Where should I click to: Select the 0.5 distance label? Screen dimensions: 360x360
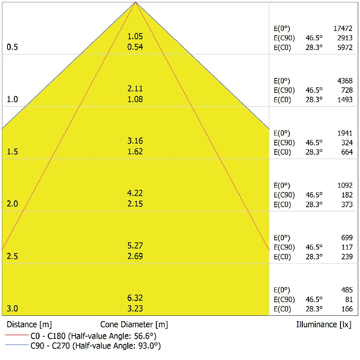pyautogui.click(x=12, y=47)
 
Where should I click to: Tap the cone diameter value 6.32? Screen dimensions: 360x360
pyautogui.click(x=135, y=298)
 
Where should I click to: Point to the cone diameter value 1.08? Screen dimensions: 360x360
pyautogui.click(x=135, y=99)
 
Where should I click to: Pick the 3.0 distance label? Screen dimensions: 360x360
pyautogui.click(x=12, y=309)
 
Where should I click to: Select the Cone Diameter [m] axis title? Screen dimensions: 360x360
pyautogui.click(x=134, y=324)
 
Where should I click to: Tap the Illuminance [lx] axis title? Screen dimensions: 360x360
pyautogui.click(x=324, y=324)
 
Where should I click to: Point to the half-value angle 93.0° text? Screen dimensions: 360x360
pyautogui.click(x=147, y=346)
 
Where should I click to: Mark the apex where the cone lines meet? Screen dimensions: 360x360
pyautogui.click(x=136, y=3)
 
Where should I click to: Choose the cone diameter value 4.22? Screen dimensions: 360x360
pyautogui.click(x=135, y=193)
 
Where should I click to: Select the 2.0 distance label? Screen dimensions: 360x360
pyautogui.click(x=12, y=204)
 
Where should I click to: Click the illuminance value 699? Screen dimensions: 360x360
pyautogui.click(x=347, y=238)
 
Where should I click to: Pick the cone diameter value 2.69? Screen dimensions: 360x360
pyautogui.click(x=135, y=256)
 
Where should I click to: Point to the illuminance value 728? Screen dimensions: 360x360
pyautogui.click(x=347, y=90)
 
